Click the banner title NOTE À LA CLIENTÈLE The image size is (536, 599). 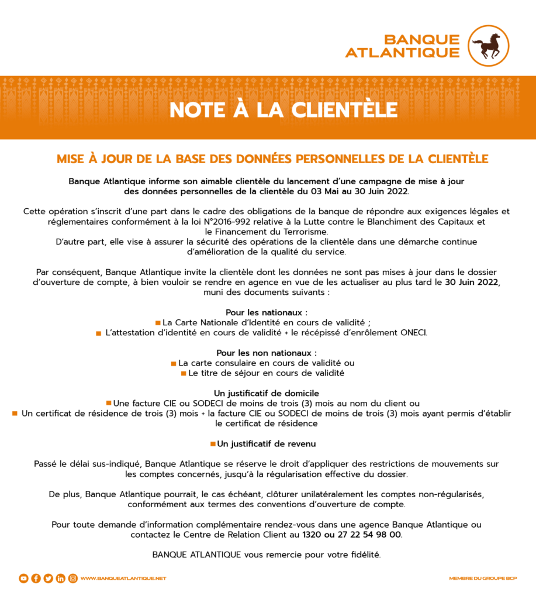(283, 110)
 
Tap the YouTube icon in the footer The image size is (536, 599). (23, 579)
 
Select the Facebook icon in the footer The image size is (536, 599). (36, 579)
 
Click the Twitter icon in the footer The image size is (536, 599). (48, 579)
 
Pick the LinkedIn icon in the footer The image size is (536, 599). (60, 579)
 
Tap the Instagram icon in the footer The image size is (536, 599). (72, 579)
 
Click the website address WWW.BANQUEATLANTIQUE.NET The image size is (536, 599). (123, 579)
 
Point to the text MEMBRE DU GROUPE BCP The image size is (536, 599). (483, 579)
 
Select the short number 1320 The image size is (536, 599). (312, 535)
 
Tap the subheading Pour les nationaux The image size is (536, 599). (267, 312)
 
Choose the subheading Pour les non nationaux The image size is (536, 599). (267, 353)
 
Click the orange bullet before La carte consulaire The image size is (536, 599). (174, 363)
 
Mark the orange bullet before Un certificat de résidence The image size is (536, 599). (15, 414)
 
